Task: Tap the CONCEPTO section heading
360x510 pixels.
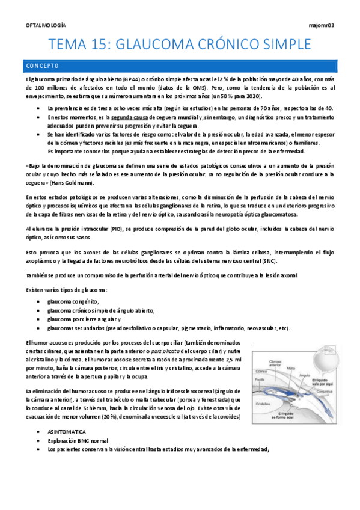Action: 41,65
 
